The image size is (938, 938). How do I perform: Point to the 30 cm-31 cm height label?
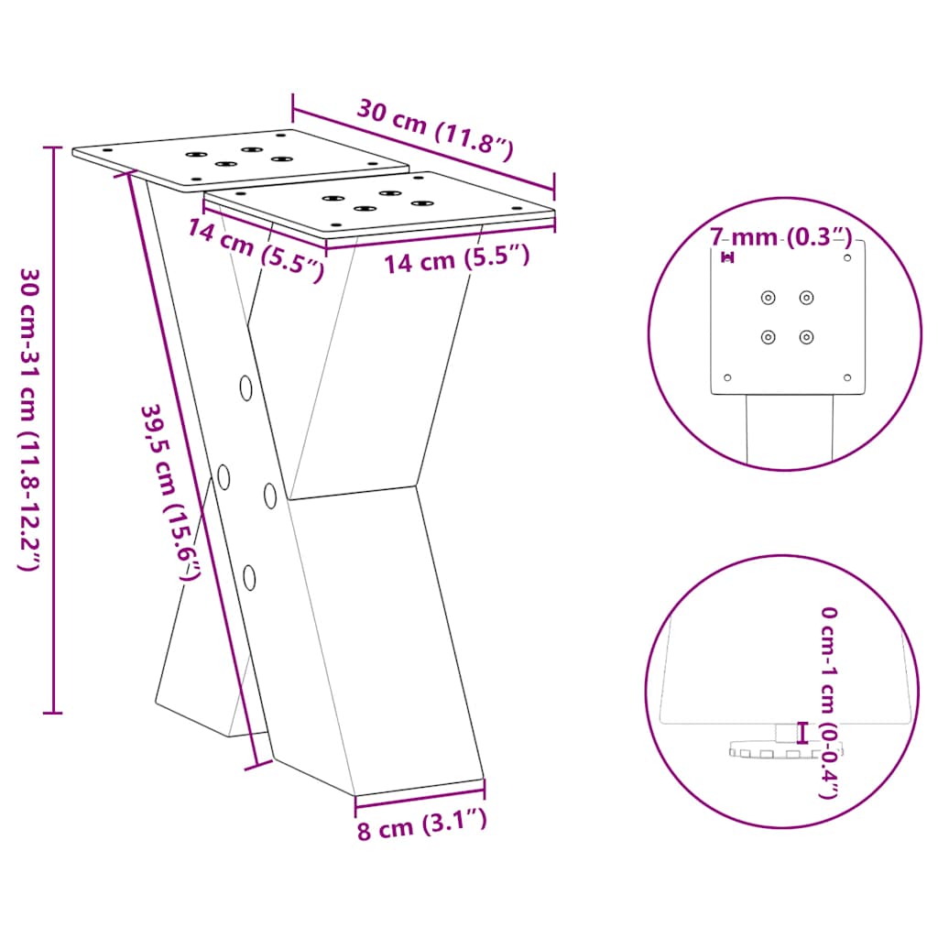tap(27, 420)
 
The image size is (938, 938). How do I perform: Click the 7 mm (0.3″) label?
tap(781, 238)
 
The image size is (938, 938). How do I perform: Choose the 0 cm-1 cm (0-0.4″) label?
tap(828, 702)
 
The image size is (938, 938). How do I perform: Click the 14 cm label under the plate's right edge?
tap(456, 260)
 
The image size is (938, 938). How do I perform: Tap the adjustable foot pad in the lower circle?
tap(784, 750)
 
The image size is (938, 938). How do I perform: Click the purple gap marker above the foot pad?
tap(803, 733)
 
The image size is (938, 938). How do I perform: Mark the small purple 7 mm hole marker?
tap(728, 257)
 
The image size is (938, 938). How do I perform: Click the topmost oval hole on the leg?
tap(246, 387)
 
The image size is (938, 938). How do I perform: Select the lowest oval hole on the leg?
tap(250, 576)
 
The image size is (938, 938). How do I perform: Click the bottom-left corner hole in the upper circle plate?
tap(728, 376)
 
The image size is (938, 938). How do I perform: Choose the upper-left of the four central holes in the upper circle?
tap(768, 297)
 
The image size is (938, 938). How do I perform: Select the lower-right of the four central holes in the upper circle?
tap(806, 337)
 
